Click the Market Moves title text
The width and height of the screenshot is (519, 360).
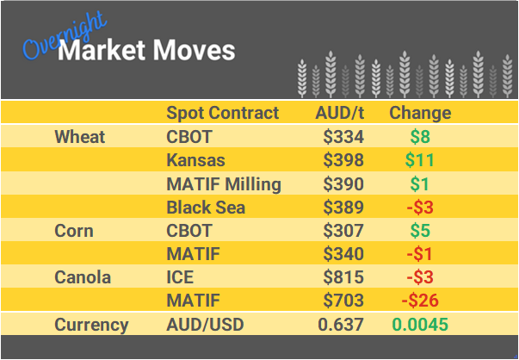pos(146,50)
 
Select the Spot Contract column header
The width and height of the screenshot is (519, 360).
pos(223,113)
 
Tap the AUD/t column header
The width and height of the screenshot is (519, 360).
pos(340,113)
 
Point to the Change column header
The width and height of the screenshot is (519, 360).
pos(420,113)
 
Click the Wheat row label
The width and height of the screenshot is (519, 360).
pos(79,137)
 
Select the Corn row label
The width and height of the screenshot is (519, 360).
pos(74,231)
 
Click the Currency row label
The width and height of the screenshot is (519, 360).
pos(91,325)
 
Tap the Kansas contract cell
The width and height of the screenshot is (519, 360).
pos(195,160)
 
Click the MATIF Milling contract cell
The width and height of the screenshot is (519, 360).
pos(223,183)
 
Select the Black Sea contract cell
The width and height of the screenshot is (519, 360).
pos(206,207)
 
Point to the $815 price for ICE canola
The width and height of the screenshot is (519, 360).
pos(343,277)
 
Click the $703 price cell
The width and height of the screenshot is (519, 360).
pos(343,301)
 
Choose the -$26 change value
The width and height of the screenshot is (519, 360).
pos(420,301)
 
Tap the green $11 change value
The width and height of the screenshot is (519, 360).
pos(420,160)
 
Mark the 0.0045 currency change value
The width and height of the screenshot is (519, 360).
pos(420,325)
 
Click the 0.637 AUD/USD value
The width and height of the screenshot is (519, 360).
pos(341,325)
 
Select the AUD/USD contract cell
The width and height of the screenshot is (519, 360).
pos(205,325)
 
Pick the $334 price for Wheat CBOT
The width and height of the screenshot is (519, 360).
pos(343,137)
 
